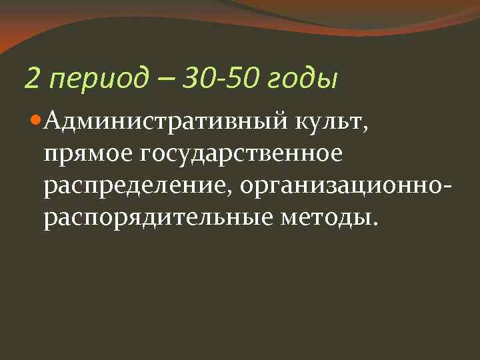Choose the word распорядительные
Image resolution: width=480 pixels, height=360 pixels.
[x=151, y=219]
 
